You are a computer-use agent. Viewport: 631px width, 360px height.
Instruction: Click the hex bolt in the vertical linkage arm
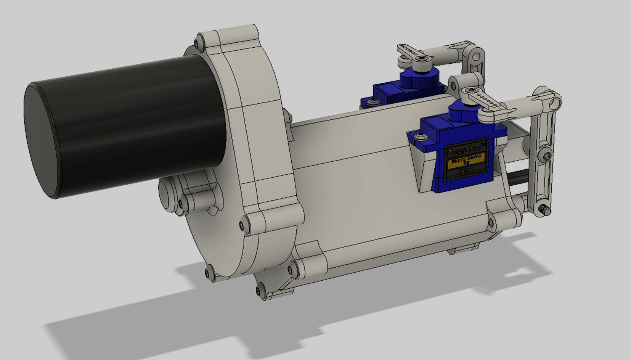coord(547,156)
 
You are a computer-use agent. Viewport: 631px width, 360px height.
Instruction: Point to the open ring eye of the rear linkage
coord(476,58)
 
